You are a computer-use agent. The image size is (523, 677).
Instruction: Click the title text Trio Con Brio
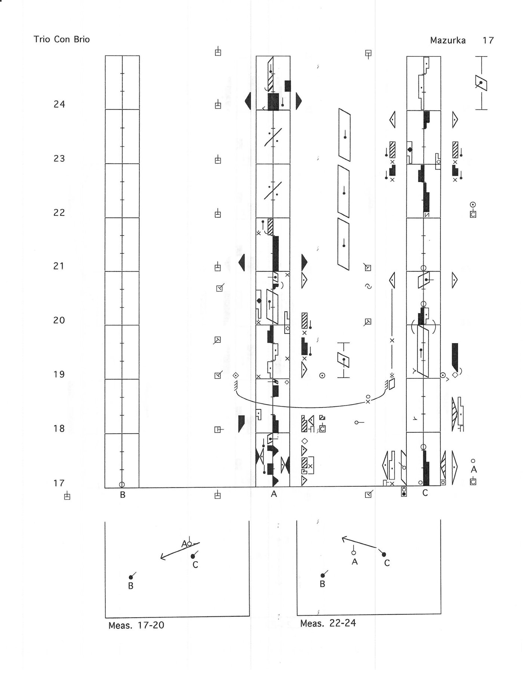click(x=62, y=40)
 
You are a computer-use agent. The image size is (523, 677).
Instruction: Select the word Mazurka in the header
click(x=448, y=40)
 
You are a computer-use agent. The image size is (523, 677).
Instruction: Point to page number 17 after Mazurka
click(x=488, y=40)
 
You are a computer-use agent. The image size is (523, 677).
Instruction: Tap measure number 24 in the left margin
click(x=59, y=104)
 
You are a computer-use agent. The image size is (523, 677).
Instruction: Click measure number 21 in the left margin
click(x=59, y=266)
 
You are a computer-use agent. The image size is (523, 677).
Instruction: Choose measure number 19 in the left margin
click(x=59, y=374)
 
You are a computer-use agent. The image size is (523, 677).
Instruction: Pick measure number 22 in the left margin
click(x=59, y=212)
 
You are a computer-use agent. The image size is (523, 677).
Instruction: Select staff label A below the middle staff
click(x=274, y=494)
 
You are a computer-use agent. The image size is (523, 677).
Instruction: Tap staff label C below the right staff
click(x=425, y=493)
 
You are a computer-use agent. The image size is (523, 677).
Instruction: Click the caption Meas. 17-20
click(x=136, y=625)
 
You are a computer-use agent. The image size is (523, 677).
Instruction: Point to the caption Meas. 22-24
click(x=328, y=623)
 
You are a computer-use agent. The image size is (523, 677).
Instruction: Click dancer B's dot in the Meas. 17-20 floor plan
click(x=130, y=577)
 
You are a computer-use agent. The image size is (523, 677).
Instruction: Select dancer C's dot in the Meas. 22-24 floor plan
click(x=384, y=554)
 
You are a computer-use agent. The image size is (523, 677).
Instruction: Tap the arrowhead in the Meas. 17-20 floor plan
click(x=162, y=558)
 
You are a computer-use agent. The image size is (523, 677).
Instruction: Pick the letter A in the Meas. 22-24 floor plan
click(x=355, y=561)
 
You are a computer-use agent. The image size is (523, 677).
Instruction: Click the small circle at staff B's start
click(x=121, y=484)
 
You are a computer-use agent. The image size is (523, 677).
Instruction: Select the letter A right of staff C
click(x=474, y=469)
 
